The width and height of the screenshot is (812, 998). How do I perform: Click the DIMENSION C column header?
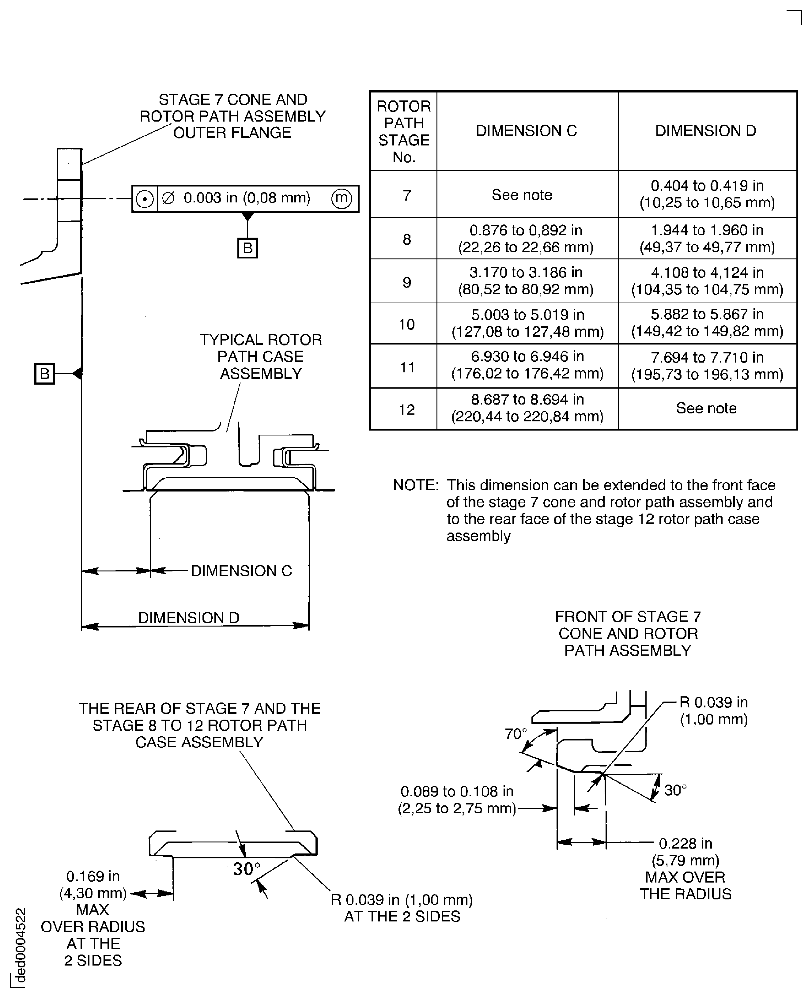[526, 131]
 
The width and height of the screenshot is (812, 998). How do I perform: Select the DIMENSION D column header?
[705, 131]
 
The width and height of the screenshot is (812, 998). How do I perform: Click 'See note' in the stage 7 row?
[522, 195]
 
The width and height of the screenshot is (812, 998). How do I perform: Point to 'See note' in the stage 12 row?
[706, 408]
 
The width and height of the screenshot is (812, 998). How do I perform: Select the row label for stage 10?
[406, 324]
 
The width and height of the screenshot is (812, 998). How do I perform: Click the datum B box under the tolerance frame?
[247, 248]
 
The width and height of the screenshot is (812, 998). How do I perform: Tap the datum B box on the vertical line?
[44, 374]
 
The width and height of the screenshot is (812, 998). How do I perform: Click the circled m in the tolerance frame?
[342, 198]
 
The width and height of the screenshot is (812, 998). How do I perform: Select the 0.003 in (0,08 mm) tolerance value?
[247, 198]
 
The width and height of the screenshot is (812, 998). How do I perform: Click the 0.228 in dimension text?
[685, 843]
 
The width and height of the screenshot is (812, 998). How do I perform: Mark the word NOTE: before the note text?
[415, 485]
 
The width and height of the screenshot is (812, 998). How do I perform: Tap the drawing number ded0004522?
[21, 945]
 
